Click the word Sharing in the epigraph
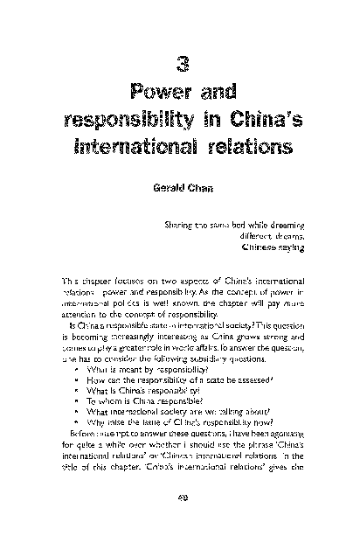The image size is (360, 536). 179,226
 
